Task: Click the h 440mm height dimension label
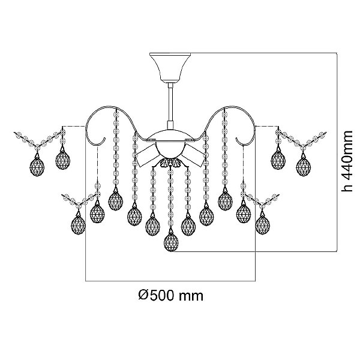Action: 347,161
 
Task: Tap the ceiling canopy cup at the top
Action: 170,67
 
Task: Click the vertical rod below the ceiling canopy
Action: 170,105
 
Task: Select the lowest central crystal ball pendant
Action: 171,242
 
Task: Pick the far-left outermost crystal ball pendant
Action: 37,166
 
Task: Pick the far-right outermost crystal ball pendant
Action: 303,166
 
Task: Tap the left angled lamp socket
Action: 147,155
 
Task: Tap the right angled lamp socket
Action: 193,155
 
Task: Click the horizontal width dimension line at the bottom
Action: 170,281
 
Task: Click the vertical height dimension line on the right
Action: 337,152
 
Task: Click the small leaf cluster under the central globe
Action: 170,163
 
